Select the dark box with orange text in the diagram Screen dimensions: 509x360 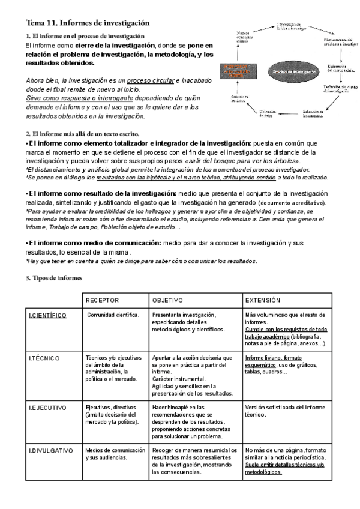point(241,72)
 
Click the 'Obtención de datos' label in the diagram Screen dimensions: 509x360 point(267,114)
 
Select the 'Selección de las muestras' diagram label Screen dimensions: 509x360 point(313,114)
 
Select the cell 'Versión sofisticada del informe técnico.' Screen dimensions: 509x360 point(286,411)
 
